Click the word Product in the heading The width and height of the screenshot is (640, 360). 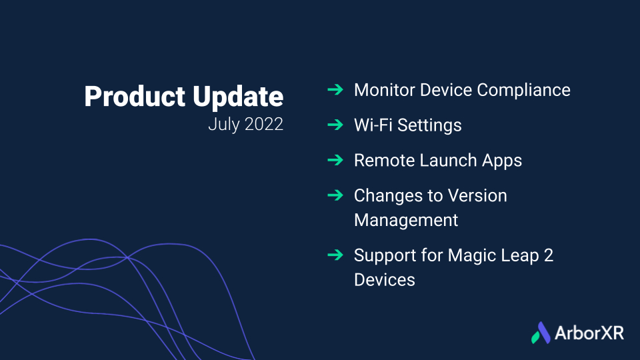(x=135, y=97)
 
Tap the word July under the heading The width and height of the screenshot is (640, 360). (x=224, y=125)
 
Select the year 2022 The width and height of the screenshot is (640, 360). (x=264, y=124)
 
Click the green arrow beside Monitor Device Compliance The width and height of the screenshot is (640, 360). (x=335, y=89)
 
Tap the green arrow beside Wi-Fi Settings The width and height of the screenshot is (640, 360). (x=335, y=125)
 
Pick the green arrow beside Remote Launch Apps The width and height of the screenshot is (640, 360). (x=335, y=159)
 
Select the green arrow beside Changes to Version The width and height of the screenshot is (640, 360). (x=335, y=195)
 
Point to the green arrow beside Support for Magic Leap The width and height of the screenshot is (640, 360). (x=335, y=255)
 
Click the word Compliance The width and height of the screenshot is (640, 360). (x=524, y=91)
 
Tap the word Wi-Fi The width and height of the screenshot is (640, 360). (x=373, y=125)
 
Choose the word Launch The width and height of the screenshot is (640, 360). (x=448, y=160)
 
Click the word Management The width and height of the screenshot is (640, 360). (x=406, y=221)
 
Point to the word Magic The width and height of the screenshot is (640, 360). (x=471, y=256)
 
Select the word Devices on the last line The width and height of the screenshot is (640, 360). (x=385, y=280)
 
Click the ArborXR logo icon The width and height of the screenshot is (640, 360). (x=541, y=333)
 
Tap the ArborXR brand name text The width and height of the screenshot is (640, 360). (x=589, y=333)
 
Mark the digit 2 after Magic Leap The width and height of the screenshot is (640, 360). (x=549, y=255)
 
